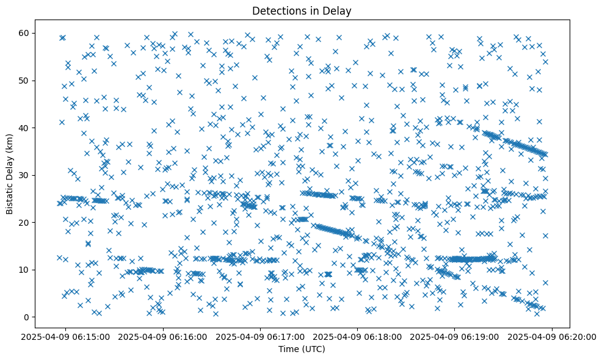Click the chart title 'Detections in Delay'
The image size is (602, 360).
tap(302, 11)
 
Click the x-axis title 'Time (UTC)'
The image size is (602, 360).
tap(302, 350)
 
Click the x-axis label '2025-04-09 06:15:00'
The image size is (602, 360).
tap(67, 336)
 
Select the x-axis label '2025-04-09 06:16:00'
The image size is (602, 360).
tap(164, 336)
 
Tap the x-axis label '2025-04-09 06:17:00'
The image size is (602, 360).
tap(261, 336)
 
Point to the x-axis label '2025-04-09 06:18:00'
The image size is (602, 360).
tap(358, 336)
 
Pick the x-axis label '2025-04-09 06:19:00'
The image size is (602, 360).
tap(455, 336)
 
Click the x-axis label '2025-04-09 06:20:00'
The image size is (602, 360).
tap(552, 336)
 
